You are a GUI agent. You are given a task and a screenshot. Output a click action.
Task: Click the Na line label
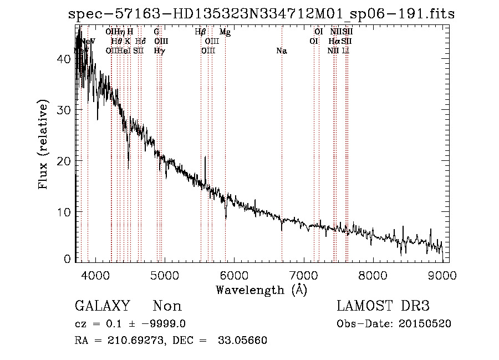point(282,51)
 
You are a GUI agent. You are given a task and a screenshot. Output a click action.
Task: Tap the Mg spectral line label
point(225,32)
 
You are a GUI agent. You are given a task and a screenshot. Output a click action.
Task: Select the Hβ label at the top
point(201,32)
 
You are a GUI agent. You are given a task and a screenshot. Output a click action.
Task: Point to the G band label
point(156,32)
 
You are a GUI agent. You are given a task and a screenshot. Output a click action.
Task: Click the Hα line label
point(334,42)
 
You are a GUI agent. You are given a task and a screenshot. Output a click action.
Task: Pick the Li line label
point(345,51)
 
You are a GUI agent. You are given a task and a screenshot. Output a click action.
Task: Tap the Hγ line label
point(159,51)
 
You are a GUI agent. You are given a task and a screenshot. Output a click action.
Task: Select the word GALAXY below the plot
point(102,306)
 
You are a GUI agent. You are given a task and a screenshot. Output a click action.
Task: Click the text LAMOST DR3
point(383,306)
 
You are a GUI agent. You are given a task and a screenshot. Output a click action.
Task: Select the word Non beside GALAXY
point(167,306)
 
